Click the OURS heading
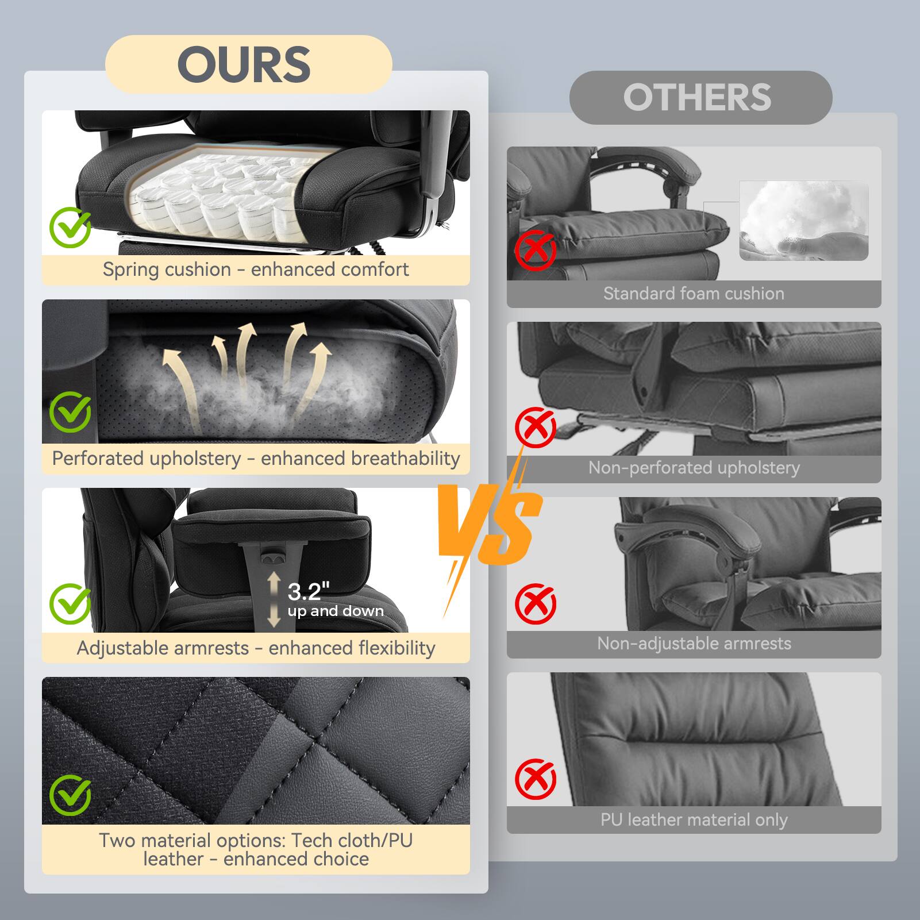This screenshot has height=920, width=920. (244, 64)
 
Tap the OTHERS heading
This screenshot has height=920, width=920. (697, 97)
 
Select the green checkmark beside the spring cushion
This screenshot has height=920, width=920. (70, 228)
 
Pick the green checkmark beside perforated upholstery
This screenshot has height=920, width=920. (70, 411)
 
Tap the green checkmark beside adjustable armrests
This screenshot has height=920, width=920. (70, 603)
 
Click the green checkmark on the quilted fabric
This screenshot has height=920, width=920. (70, 795)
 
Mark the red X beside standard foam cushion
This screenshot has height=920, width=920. (535, 250)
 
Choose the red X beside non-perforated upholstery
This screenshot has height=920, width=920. (535, 427)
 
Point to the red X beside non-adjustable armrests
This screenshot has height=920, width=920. (535, 603)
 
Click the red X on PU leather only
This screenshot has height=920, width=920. (535, 779)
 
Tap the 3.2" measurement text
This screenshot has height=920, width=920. (309, 591)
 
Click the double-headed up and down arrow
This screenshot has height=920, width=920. (274, 599)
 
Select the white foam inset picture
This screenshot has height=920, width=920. (803, 221)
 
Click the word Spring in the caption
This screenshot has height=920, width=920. (127, 270)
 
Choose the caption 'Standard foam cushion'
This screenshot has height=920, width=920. (694, 294)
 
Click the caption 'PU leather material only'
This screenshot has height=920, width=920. (694, 820)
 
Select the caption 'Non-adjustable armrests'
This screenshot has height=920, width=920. (694, 644)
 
